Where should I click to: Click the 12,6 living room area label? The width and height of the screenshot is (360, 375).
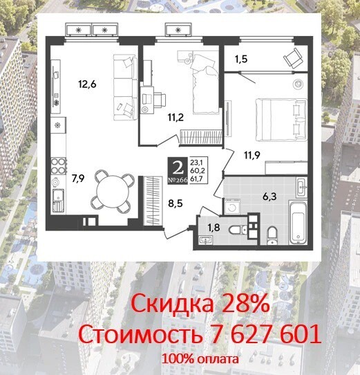87,84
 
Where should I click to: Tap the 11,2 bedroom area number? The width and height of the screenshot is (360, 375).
176,118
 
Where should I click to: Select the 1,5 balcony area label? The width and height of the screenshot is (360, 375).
240,59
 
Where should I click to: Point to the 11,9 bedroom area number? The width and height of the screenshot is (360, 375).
252,155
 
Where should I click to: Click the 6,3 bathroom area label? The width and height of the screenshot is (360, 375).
269,196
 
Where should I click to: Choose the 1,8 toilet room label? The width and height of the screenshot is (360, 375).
214,228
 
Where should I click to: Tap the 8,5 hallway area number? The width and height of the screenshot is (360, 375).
176,203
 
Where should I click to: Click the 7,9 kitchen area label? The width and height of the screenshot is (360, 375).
78,179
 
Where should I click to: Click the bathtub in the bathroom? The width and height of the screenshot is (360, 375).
298,223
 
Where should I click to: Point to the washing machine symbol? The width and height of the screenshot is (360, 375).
231,206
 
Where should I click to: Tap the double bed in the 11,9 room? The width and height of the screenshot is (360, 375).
281,120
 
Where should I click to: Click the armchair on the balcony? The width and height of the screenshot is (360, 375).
292,58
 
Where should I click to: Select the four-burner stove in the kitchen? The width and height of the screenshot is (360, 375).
59,165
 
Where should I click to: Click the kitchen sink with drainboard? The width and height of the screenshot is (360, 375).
58,201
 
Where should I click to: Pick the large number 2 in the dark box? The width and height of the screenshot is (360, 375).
178,168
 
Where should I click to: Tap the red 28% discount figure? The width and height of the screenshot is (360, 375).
245,304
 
